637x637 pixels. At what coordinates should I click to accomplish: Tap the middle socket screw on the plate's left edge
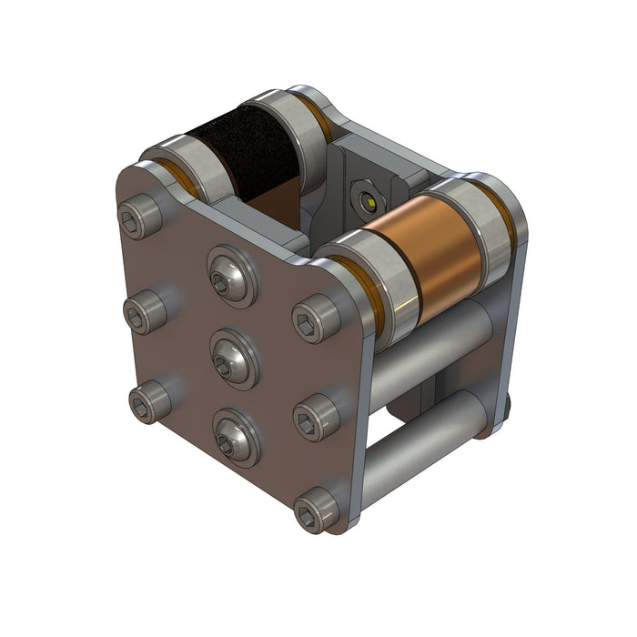point(145,313)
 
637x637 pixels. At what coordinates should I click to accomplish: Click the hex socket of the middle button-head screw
point(224,365)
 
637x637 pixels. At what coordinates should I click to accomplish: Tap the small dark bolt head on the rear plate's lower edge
point(506,403)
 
